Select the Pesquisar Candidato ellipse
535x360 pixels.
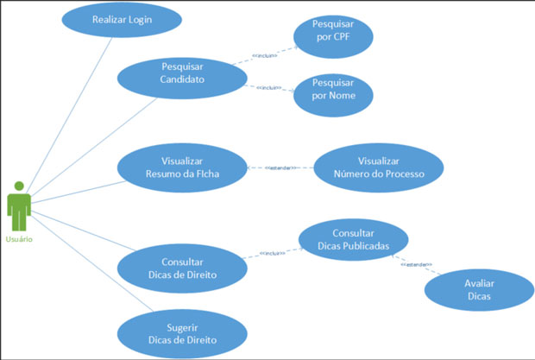click(x=182, y=73)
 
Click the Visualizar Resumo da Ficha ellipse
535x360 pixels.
click(x=182, y=167)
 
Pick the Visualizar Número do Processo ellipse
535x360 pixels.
click(x=379, y=167)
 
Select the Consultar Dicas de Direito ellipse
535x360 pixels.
click(x=182, y=268)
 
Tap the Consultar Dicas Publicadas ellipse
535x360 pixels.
click(x=353, y=239)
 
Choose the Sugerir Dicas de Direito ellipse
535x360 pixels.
click(x=182, y=334)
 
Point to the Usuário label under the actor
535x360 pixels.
click(x=20, y=238)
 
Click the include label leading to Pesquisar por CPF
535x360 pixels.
click(x=263, y=56)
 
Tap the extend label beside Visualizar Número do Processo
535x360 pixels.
click(x=281, y=167)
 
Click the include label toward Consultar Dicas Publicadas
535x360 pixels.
click(x=273, y=254)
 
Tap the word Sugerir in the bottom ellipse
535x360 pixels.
click(x=182, y=328)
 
